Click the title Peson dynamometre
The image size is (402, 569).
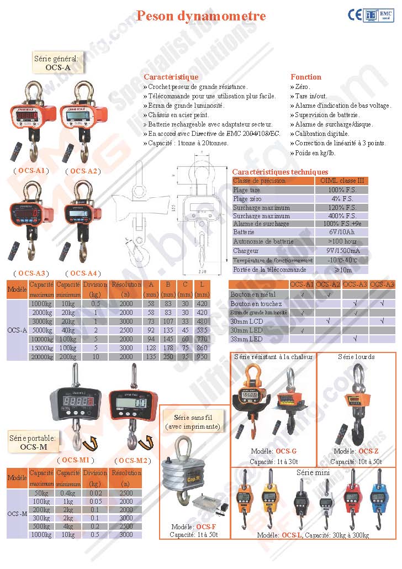click(201, 15)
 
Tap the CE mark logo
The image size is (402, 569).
click(355, 15)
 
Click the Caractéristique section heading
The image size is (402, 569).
click(171, 77)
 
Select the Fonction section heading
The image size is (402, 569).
click(305, 77)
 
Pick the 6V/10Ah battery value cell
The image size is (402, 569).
click(342, 233)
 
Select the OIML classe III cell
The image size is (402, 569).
click(342, 181)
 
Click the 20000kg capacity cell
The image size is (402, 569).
click(41, 357)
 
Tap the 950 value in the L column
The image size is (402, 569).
click(202, 357)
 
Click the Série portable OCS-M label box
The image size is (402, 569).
click(32, 442)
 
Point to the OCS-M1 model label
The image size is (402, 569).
click(75, 460)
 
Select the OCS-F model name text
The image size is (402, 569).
click(206, 527)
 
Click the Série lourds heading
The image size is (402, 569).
click(356, 357)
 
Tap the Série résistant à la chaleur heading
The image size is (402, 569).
click(273, 357)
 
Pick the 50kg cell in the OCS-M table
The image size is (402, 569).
click(41, 493)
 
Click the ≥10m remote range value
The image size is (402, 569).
click(342, 270)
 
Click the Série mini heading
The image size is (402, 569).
click(313, 473)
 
